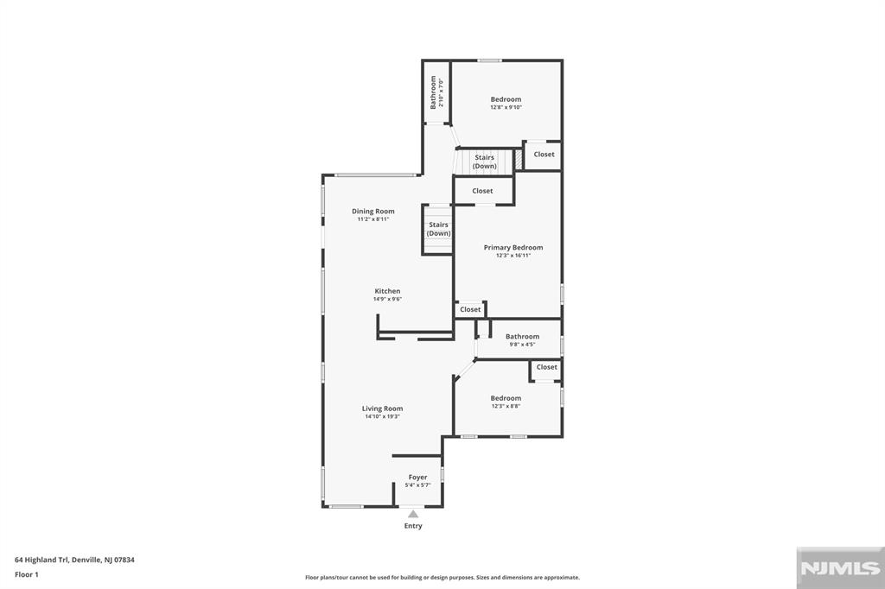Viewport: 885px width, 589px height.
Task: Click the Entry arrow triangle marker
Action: pos(413,515)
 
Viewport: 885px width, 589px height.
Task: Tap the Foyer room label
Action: pos(417,477)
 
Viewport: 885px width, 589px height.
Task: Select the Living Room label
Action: pos(382,408)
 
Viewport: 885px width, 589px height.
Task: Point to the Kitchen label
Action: pos(387,291)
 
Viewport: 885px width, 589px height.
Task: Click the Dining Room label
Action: pos(372,211)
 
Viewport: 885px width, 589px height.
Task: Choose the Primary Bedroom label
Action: pos(513,247)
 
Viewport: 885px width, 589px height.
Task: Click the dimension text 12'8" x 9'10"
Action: pos(506,108)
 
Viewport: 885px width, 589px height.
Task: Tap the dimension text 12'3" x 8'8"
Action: pos(506,406)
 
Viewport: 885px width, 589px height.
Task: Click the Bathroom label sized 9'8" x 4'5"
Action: pos(522,337)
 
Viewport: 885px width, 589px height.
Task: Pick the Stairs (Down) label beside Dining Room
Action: pos(438,229)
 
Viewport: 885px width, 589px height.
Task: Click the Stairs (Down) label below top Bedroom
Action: pos(484,161)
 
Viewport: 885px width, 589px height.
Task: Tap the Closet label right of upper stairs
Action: pos(544,155)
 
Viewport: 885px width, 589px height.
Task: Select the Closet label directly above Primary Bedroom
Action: pos(482,191)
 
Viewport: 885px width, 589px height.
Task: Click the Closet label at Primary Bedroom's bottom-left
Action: pos(470,309)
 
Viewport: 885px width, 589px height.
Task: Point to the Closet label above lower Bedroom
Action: pos(546,367)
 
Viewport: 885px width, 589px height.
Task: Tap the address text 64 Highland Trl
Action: pos(74,560)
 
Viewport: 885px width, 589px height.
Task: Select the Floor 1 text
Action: pos(27,574)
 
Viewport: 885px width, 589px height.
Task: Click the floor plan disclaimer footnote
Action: pos(442,578)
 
